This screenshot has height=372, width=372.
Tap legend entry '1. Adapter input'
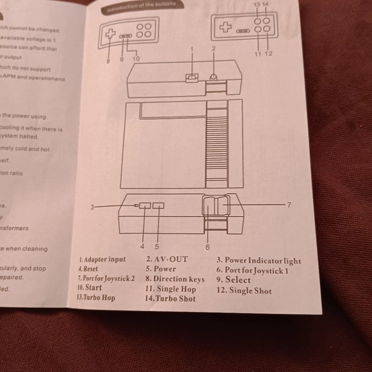click(103, 259)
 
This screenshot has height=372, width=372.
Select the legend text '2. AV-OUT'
click(167, 259)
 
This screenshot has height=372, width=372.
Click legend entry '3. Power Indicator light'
click(258, 260)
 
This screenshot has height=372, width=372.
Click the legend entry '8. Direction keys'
click(175, 279)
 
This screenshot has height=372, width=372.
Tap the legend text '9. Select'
click(233, 280)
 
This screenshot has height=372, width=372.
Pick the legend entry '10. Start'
click(89, 288)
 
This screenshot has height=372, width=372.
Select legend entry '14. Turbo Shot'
click(171, 298)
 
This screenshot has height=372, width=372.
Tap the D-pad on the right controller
click(225, 28)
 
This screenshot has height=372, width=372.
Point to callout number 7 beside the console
click(289, 205)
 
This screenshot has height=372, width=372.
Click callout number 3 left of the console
click(92, 207)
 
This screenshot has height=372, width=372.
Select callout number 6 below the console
click(207, 246)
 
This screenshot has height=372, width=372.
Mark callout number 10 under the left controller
click(136, 59)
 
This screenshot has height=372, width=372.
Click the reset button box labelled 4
click(145, 206)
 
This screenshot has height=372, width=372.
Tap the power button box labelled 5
click(158, 206)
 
